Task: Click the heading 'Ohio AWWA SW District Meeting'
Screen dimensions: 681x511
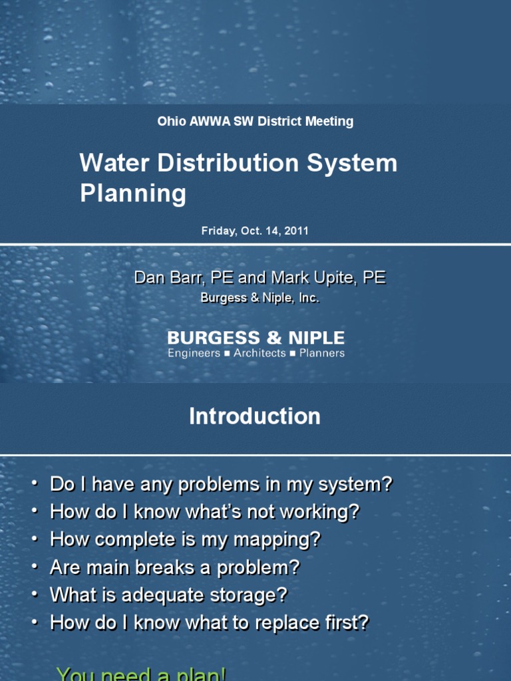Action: (x=255, y=122)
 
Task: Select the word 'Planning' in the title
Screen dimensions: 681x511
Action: (x=133, y=194)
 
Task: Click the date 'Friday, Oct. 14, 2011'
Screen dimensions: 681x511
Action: (x=255, y=231)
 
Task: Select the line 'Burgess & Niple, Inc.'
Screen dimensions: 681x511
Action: (x=260, y=299)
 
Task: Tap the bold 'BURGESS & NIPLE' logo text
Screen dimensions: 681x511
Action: (x=255, y=339)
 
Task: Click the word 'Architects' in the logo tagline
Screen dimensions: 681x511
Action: (x=259, y=354)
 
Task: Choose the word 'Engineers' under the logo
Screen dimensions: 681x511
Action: (x=194, y=354)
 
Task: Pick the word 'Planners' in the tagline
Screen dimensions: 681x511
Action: (x=322, y=354)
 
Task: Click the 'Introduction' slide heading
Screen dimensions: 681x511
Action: (x=255, y=417)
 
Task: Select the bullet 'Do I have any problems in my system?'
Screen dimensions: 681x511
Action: (x=221, y=485)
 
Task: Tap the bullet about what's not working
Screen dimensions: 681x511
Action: (x=205, y=512)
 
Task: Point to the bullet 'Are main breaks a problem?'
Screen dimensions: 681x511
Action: (x=175, y=568)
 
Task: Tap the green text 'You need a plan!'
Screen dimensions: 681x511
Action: (x=142, y=674)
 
